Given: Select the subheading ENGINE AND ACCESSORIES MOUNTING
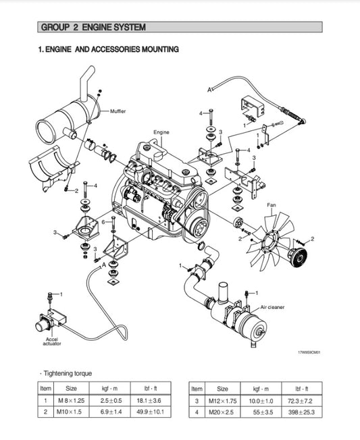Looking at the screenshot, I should coord(108,49).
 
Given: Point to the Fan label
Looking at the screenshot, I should coord(272,204).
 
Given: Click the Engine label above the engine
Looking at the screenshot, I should coord(161,132).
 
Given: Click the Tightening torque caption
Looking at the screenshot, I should coord(68,373).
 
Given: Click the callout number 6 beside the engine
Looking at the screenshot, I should coord(103,222).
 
